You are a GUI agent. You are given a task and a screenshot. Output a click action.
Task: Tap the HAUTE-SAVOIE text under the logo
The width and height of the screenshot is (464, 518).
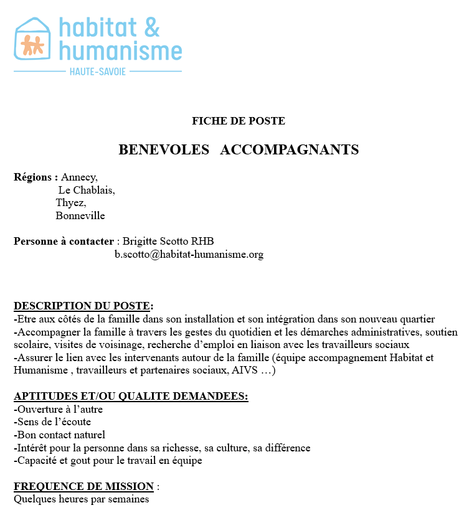98,72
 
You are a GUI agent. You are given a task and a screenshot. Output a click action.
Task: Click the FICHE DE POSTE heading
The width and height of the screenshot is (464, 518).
239,121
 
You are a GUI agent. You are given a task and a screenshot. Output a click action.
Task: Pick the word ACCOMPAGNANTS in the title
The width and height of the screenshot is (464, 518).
290,150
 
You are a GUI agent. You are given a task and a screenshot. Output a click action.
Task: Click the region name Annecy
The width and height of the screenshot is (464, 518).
79,177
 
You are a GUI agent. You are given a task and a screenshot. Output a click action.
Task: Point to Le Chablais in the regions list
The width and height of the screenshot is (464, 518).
87,190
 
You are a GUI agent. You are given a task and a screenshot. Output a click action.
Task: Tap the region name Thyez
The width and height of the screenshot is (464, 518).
70,203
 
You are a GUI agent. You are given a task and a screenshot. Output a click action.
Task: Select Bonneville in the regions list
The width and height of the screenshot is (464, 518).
80,216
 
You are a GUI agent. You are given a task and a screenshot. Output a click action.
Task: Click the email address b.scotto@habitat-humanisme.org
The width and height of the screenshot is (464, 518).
189,254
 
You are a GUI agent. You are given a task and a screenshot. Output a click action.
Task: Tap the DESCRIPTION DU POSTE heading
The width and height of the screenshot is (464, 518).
82,306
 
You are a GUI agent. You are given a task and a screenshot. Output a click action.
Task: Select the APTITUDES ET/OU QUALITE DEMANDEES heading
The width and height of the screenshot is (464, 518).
131,397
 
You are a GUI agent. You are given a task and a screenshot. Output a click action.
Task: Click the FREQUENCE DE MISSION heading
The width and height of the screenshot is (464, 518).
83,486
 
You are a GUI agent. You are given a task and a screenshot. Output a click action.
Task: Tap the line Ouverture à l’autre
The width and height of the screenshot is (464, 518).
58,409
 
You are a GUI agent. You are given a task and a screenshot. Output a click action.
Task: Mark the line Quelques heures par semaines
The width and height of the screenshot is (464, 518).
82,499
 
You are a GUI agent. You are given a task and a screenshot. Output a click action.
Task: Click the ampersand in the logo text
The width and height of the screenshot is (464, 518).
152,27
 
